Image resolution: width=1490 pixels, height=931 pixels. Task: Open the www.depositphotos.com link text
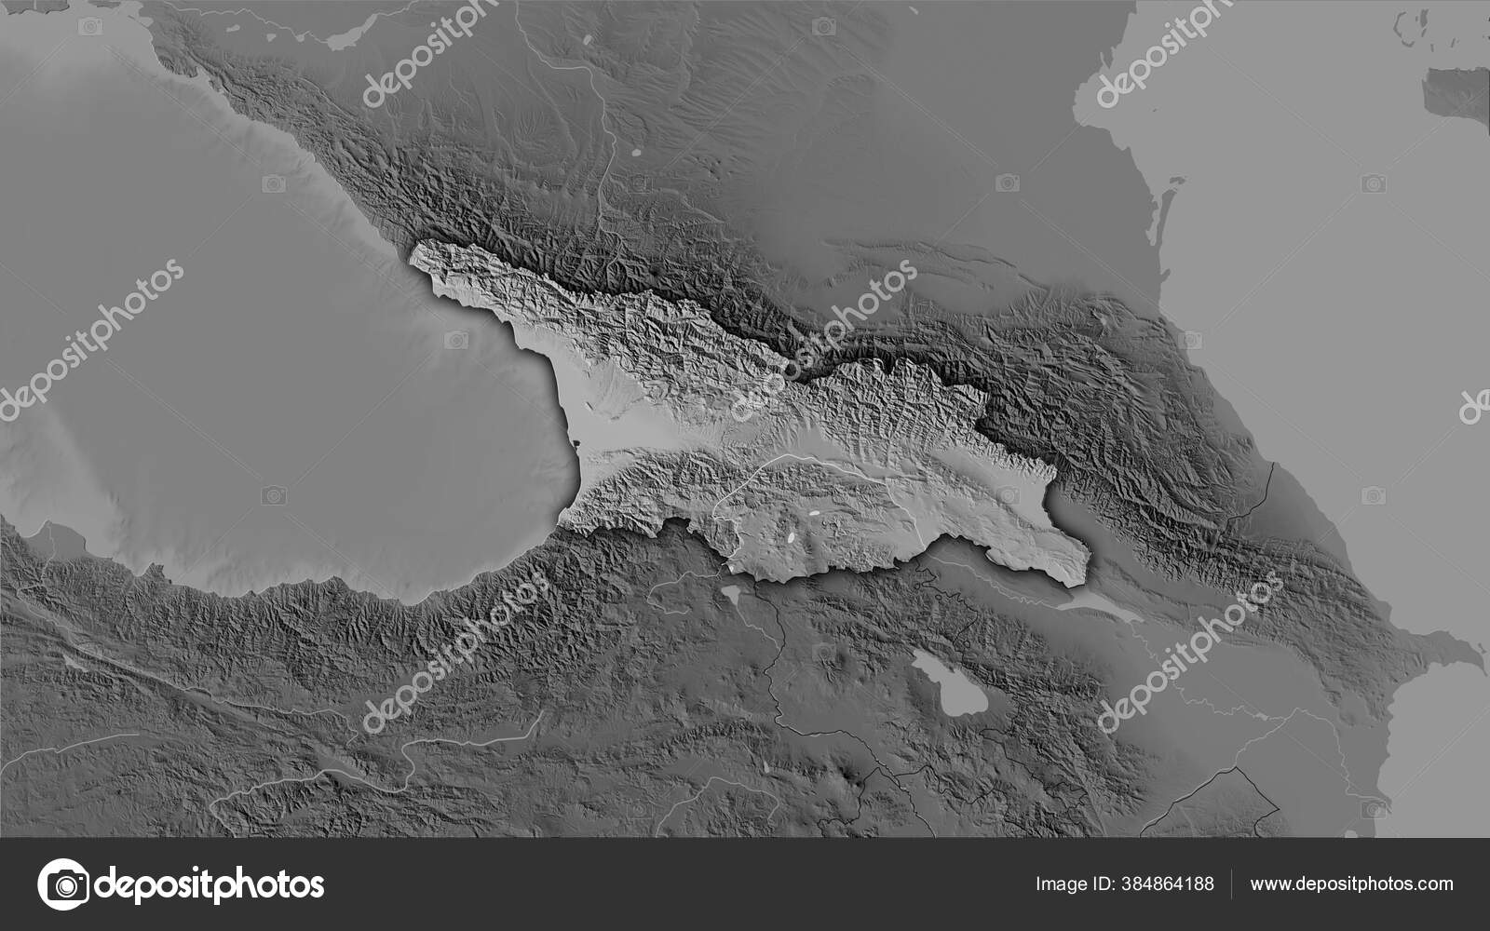click(x=1351, y=884)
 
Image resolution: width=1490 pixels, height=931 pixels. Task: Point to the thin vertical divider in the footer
click(x=1232, y=884)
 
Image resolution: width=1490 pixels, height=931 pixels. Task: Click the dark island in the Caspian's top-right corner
click(x=1455, y=93)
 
